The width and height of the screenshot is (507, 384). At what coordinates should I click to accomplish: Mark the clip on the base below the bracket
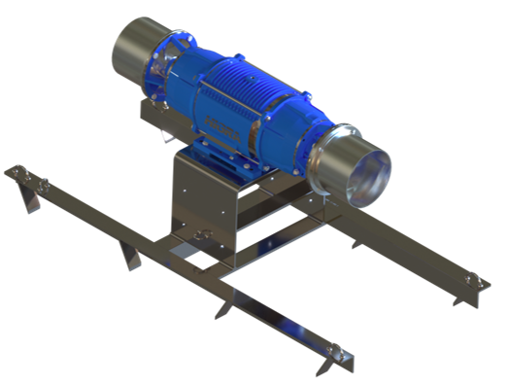click(204, 233)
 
